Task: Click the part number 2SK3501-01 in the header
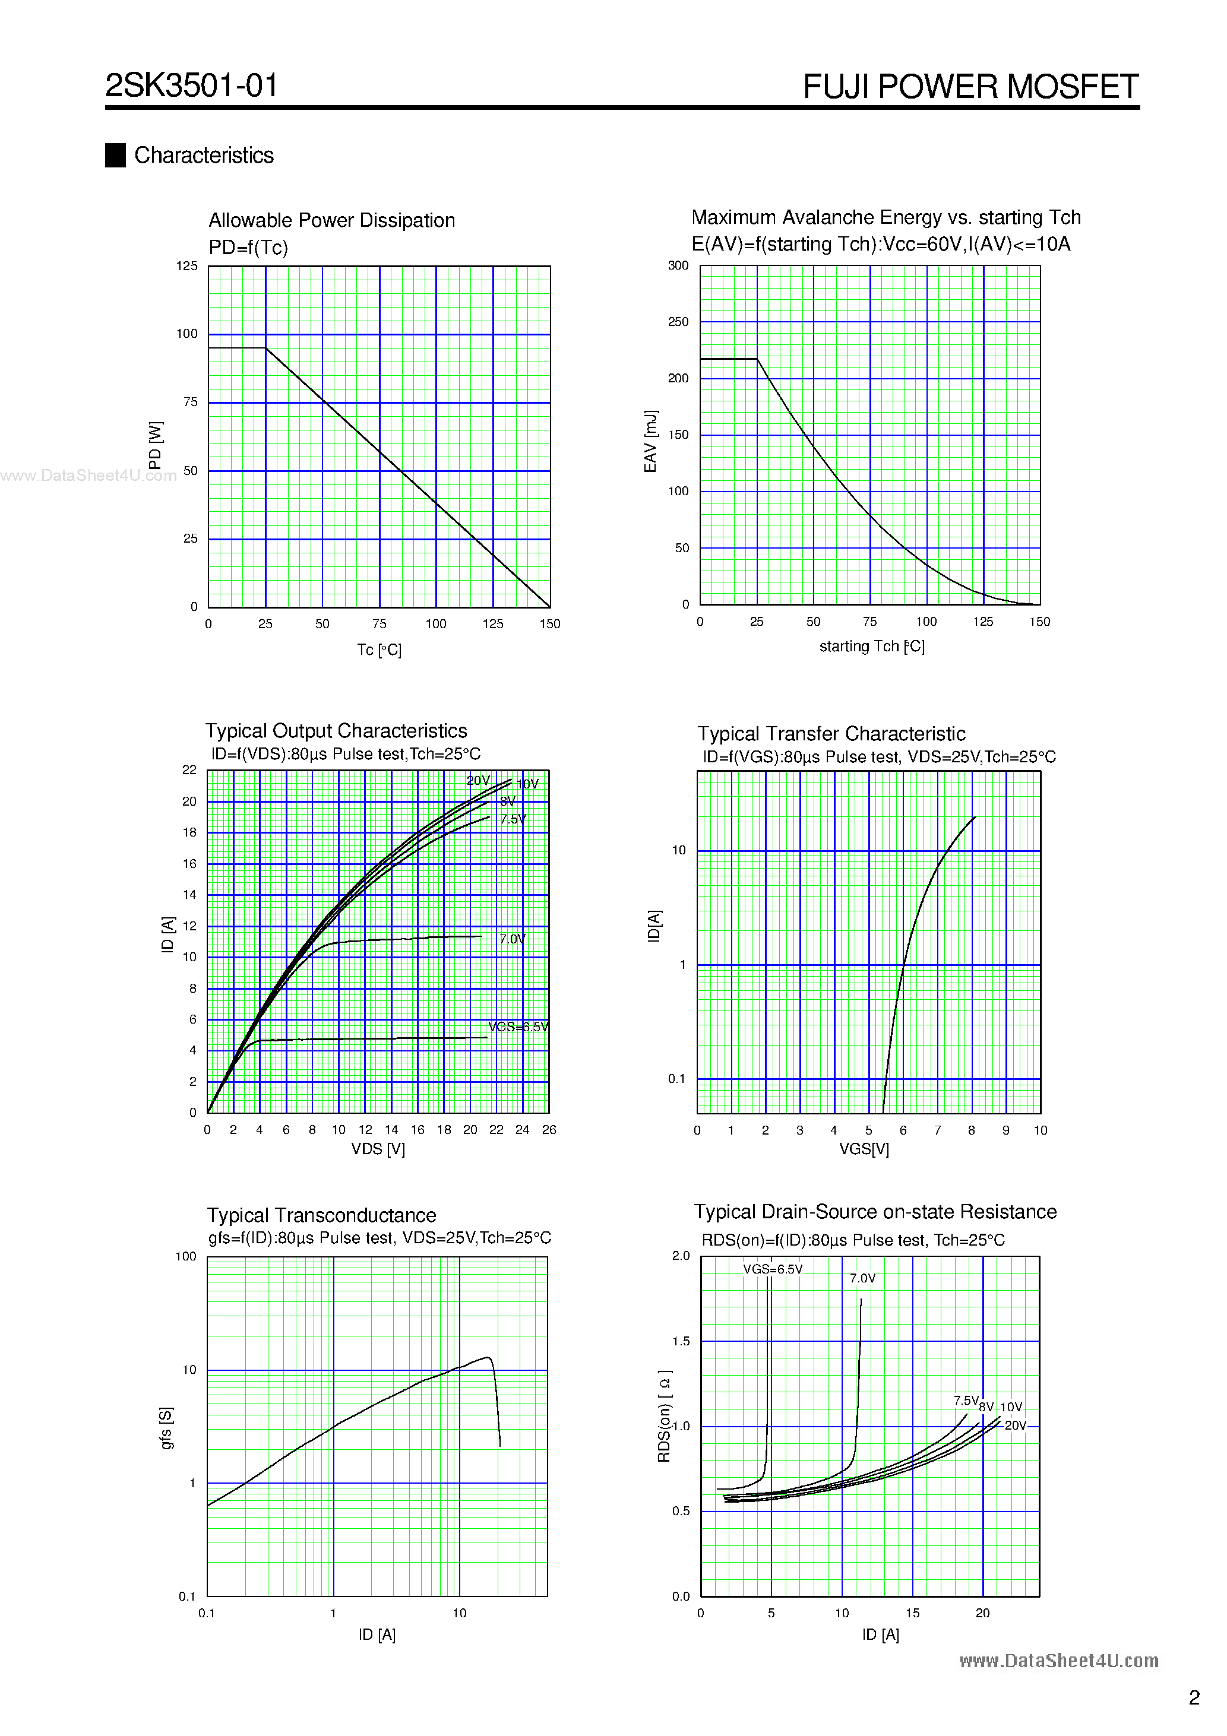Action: point(191,85)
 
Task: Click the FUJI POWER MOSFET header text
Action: point(970,86)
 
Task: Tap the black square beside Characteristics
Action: point(115,155)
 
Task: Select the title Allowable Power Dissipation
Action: point(331,220)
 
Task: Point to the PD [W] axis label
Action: point(155,445)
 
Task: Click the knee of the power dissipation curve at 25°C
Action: point(265,349)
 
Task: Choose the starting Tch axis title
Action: point(871,647)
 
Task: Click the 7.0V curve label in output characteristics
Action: point(512,939)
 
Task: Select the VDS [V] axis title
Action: point(378,1149)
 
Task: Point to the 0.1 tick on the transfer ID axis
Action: point(676,1079)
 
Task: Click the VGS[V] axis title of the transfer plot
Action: point(864,1149)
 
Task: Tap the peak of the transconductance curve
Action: point(488,1357)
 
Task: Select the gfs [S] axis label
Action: point(166,1428)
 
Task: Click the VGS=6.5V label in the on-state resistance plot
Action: point(772,1269)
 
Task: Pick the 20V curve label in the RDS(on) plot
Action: point(1015,1425)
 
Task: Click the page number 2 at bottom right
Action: point(1194,1698)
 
